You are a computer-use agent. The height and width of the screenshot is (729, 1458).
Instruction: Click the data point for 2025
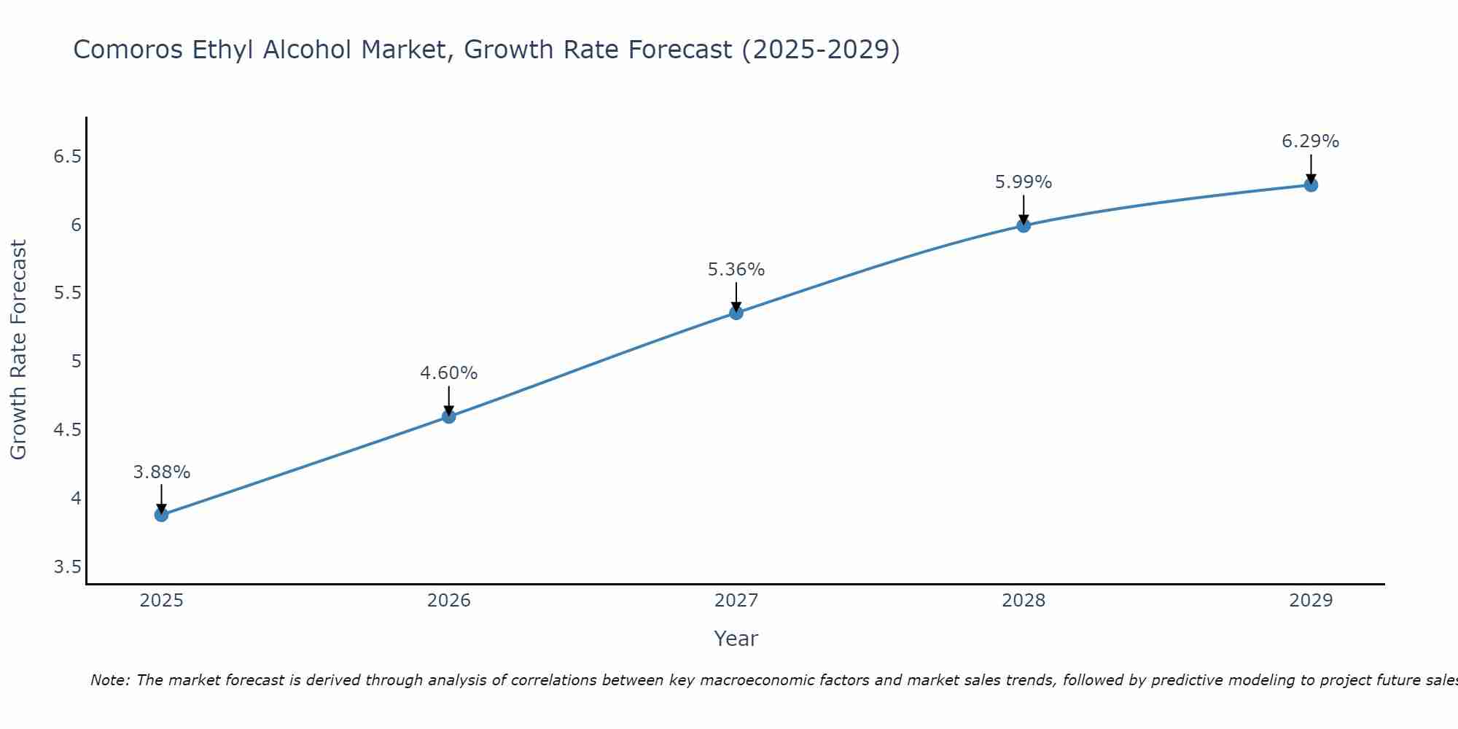[x=161, y=515]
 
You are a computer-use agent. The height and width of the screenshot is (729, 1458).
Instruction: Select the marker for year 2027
[x=736, y=313]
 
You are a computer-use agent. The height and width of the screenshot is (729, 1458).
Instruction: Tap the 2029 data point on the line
[x=1311, y=185]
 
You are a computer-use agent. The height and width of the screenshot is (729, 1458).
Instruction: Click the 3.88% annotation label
[x=162, y=472]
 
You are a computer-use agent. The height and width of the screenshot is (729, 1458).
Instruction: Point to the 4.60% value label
[x=449, y=373]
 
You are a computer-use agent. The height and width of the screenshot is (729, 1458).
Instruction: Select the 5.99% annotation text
[x=1024, y=182]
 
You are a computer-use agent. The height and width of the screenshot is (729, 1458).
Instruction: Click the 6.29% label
[x=1311, y=141]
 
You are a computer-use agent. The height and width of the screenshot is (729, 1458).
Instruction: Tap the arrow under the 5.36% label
[x=736, y=297]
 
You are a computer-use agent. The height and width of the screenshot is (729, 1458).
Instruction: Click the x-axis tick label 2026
[x=449, y=601]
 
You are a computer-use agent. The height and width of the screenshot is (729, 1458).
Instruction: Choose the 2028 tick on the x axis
[x=1024, y=601]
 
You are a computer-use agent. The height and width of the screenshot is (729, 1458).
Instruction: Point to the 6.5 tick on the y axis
[x=67, y=157]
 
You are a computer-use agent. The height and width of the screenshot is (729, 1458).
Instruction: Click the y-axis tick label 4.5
[x=67, y=430]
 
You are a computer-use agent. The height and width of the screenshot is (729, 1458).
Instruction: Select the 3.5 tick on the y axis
[x=67, y=567]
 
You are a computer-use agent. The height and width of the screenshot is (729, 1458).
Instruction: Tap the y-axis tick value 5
[x=76, y=362]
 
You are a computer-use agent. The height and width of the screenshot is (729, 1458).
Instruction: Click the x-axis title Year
[x=736, y=639]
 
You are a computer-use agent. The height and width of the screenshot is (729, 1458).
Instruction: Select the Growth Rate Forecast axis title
[x=18, y=350]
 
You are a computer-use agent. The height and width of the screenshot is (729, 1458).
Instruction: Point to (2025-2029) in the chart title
[x=821, y=50]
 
